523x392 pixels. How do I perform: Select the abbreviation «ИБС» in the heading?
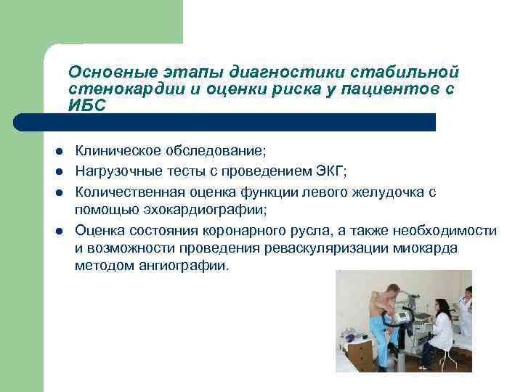(x=86, y=105)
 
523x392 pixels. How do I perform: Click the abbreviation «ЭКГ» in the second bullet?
(x=328, y=171)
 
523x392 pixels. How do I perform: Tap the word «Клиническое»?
(x=116, y=151)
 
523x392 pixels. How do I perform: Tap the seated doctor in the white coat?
(x=439, y=330)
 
